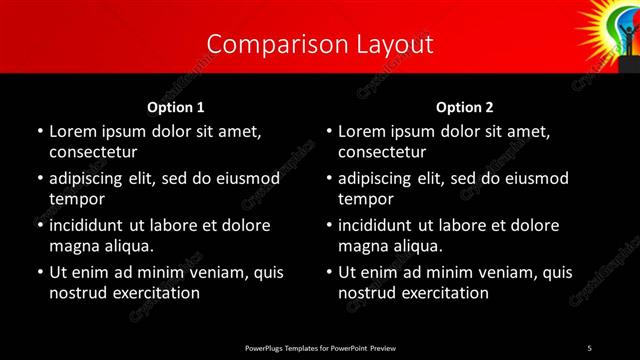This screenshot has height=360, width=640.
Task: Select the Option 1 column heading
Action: [176, 107]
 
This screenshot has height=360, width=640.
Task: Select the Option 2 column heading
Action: [465, 107]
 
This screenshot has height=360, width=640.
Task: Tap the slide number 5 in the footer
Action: [589, 347]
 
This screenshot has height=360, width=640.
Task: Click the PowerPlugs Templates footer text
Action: [320, 347]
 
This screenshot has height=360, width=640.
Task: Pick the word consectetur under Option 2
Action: [382, 152]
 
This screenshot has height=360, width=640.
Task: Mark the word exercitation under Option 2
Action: [444, 293]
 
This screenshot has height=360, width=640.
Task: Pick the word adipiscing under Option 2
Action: [381, 178]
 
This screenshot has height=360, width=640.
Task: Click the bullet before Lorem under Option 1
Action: [39, 132]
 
